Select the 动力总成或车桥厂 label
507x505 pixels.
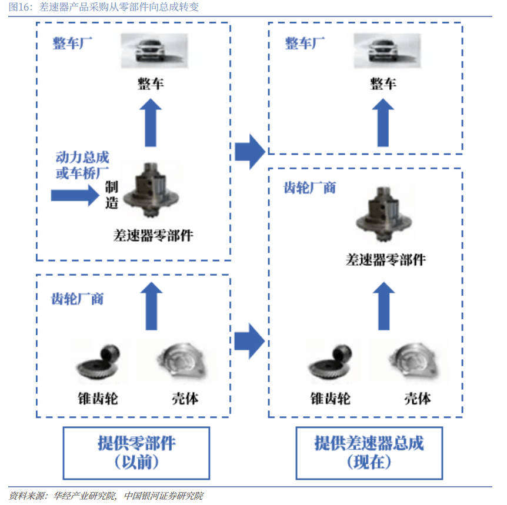point(82,165)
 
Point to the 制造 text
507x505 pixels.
point(112,195)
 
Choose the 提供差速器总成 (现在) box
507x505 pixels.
point(369,452)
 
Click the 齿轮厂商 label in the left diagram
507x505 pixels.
point(78,299)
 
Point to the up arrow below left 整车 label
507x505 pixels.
point(151,122)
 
